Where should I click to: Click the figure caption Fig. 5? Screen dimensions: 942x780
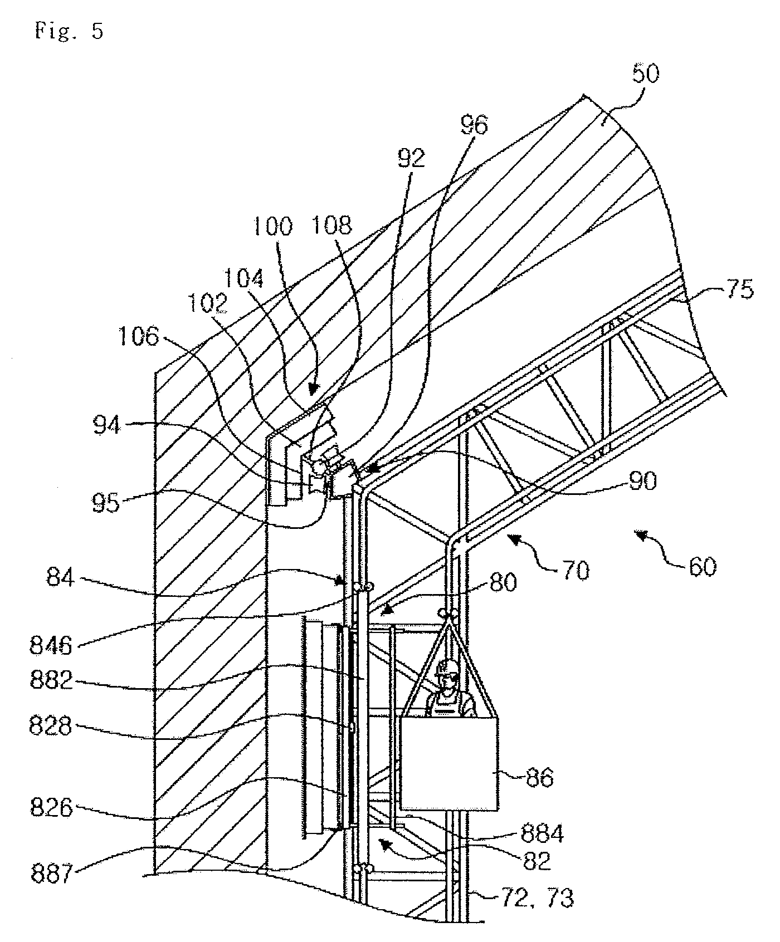[69, 31]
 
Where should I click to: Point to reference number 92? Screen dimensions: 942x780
[411, 158]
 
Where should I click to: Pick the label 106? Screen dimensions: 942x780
[139, 336]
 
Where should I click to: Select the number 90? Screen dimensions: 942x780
[642, 480]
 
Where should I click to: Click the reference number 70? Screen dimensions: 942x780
[575, 571]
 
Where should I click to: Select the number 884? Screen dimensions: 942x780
[542, 833]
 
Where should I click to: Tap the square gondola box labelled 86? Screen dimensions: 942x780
[448, 763]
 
